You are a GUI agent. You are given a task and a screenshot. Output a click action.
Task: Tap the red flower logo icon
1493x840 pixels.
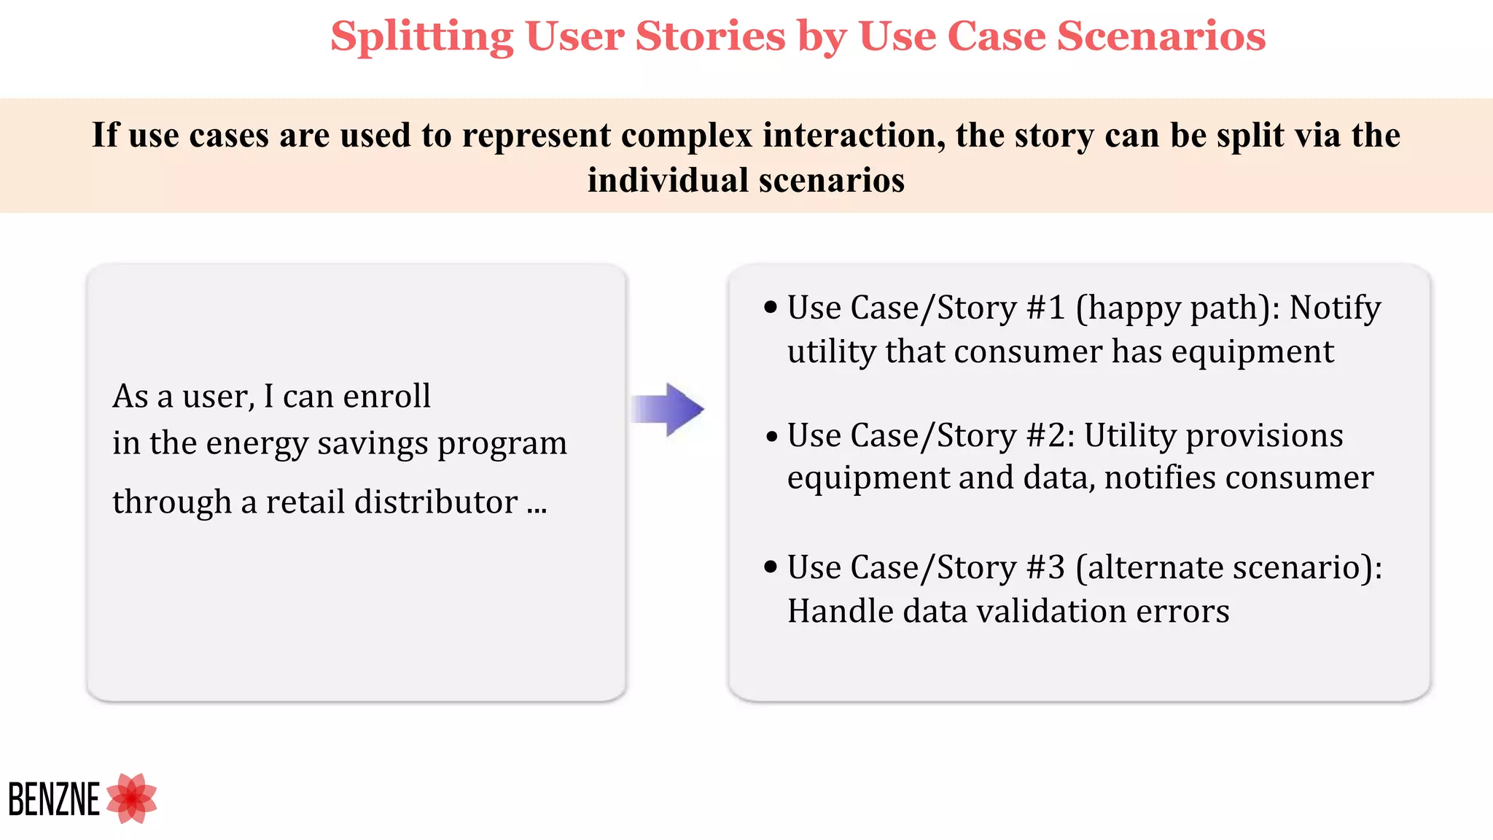point(132,798)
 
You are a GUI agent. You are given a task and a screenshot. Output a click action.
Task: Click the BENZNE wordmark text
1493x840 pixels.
point(54,799)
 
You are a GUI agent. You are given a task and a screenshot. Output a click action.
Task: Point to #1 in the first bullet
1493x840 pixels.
point(1046,308)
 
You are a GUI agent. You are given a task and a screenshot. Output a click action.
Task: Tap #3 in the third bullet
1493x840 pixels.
point(1046,567)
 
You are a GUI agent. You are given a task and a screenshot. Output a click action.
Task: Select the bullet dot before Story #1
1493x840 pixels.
point(771,307)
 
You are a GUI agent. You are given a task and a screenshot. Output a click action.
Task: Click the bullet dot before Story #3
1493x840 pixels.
point(771,567)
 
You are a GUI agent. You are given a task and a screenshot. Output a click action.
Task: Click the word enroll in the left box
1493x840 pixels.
point(387,396)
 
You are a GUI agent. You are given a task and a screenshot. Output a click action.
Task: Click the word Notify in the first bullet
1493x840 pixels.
point(1334,308)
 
